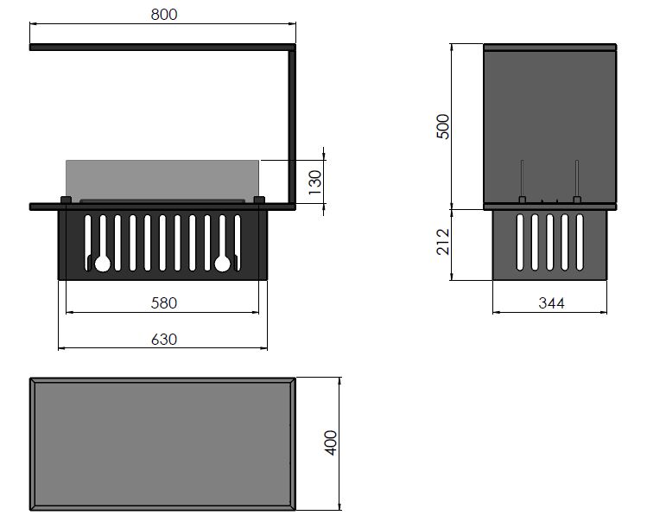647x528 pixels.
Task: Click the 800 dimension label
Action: [x=164, y=15]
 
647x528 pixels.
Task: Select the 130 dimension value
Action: [x=314, y=182]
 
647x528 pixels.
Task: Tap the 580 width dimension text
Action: [x=164, y=303]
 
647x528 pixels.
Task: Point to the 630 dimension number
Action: [x=164, y=340]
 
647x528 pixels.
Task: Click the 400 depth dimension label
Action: [x=331, y=443]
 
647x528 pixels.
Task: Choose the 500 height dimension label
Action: [x=443, y=126]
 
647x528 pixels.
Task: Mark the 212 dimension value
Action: [x=443, y=242]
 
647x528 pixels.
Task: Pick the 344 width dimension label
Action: [x=551, y=303]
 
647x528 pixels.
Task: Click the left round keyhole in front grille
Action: [x=103, y=264]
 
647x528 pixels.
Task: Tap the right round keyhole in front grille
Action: [x=222, y=264]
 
